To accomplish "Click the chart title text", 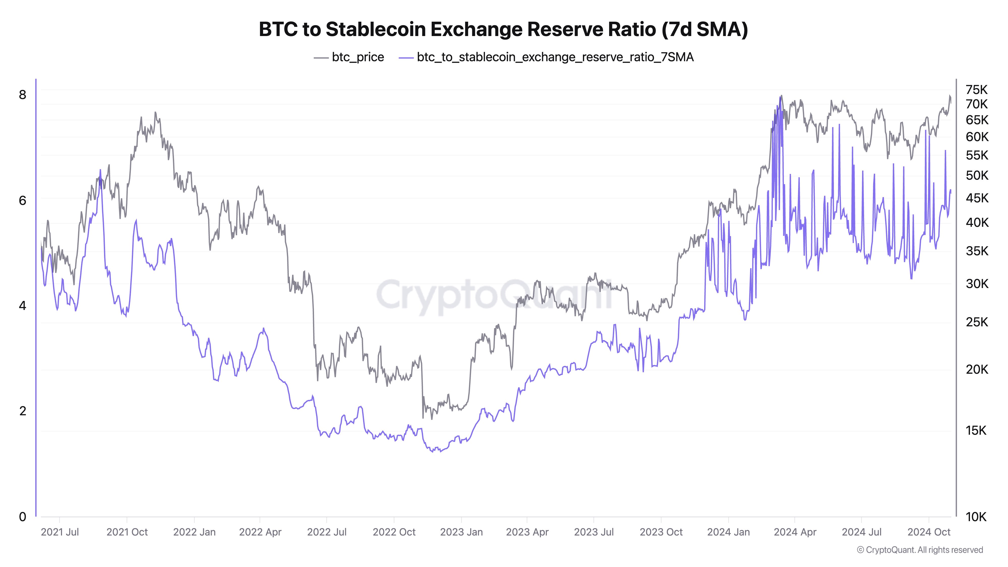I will (503, 29).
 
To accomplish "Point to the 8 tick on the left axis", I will (23, 95).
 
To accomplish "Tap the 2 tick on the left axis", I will (23, 411).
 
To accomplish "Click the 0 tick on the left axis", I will (23, 517).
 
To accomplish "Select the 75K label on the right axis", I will (976, 90).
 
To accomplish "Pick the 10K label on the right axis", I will (976, 517).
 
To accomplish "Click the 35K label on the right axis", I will (976, 251).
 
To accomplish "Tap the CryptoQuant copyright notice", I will (920, 550).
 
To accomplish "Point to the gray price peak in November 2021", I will (155, 112).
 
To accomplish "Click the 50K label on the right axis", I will (976, 175).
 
